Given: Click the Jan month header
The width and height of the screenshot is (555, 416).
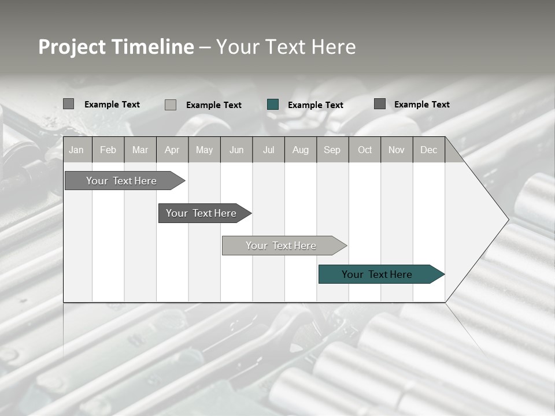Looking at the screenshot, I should point(76,150).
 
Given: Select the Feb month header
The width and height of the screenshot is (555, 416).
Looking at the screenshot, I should point(108,150).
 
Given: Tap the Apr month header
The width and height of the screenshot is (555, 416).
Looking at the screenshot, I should point(172,150).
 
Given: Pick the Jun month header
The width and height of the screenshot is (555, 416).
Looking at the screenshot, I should point(236,150).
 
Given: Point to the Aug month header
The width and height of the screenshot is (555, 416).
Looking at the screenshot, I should point(301,150).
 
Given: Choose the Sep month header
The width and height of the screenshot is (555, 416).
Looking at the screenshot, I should point(332,150).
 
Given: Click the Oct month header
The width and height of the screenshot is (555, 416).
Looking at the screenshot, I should point(365,150).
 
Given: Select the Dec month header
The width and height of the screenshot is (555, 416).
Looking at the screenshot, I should point(429,150).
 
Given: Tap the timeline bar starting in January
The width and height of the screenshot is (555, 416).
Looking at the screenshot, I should point(121,181).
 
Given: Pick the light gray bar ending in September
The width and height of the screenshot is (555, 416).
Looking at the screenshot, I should point(282,246).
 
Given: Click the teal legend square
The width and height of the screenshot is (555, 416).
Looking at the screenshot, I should point(273,105).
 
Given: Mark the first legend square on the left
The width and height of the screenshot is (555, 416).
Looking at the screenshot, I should point(68,104).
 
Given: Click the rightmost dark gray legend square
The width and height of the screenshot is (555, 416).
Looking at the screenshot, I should point(380,104).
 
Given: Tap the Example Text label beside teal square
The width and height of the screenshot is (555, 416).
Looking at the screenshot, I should point(316,105).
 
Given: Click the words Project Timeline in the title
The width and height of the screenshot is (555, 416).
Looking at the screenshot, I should point(116,47).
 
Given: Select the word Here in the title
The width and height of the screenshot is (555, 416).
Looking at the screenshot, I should point(334,47).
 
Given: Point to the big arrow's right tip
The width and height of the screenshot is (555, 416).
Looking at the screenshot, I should point(507,220).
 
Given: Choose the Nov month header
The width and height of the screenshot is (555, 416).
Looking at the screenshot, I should point(397,150).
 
